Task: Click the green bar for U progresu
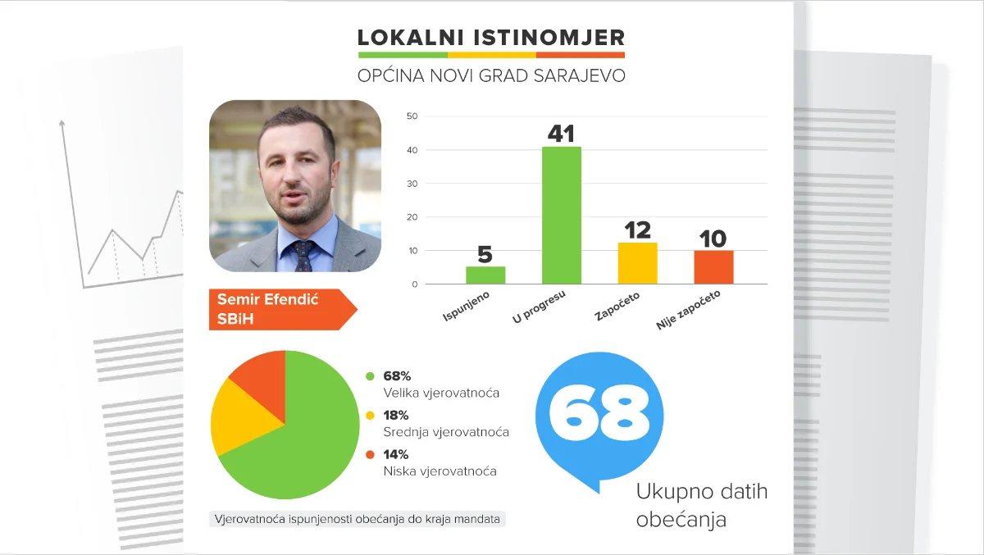562,215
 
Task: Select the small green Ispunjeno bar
485,275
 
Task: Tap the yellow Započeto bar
637,263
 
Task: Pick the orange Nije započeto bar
713,267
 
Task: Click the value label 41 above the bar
561,134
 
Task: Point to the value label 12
638,230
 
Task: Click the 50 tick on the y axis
412,116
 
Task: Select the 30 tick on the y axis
412,184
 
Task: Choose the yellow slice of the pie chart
242,420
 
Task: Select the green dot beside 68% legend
370,376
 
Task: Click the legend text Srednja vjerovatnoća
446,432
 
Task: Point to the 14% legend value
395,454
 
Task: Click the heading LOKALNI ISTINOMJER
491,38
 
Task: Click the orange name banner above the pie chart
279,309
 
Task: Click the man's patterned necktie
303,256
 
